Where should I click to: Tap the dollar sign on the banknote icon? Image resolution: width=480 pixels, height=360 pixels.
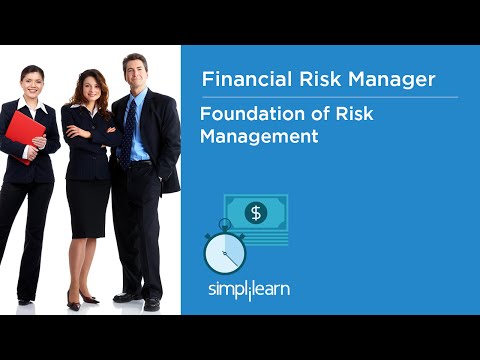[256, 212]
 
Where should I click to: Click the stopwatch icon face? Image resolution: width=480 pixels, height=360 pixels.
[224, 252]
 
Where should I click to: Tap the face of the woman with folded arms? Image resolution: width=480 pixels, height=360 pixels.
[89, 88]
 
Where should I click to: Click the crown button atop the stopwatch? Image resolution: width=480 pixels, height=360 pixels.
[224, 223]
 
